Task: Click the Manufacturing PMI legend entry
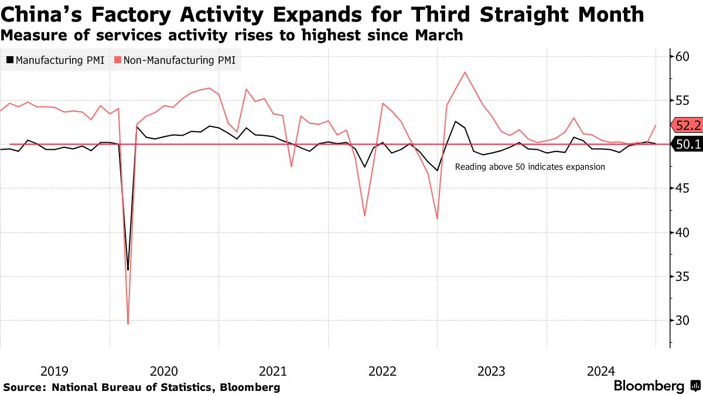(56, 60)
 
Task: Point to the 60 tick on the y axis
(681, 56)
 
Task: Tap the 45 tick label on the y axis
(681, 188)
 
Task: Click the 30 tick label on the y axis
(681, 321)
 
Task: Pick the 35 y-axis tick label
(681, 277)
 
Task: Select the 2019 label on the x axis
(54, 371)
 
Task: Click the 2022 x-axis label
(383, 371)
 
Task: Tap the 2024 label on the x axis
(601, 371)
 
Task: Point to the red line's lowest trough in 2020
(128, 324)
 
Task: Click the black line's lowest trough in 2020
(128, 270)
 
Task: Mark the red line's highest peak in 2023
(465, 72)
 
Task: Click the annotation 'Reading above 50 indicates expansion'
(530, 167)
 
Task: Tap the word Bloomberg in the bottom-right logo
(649, 386)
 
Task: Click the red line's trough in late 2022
(437, 218)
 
